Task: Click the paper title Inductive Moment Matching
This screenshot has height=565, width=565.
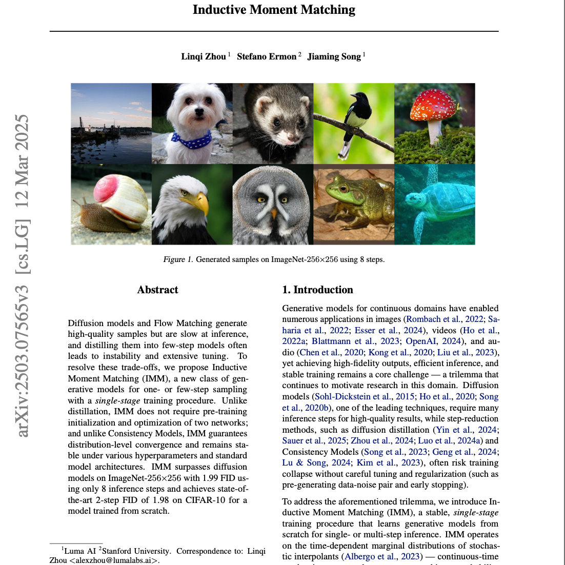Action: click(x=274, y=10)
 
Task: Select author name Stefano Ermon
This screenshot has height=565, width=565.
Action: click(x=267, y=56)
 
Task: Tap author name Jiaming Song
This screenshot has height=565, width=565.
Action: click(x=334, y=56)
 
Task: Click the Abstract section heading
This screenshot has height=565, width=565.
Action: click(x=157, y=290)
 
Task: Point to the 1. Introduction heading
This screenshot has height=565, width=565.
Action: click(x=317, y=290)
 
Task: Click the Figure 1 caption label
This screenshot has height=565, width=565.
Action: click(x=174, y=259)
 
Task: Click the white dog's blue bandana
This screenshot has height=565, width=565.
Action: click(x=191, y=138)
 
